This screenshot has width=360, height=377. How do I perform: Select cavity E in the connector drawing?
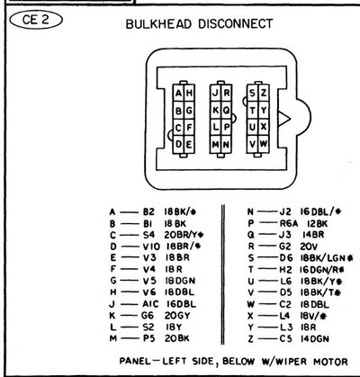pos(188,144)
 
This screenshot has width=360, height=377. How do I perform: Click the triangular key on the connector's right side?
pos(283,118)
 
